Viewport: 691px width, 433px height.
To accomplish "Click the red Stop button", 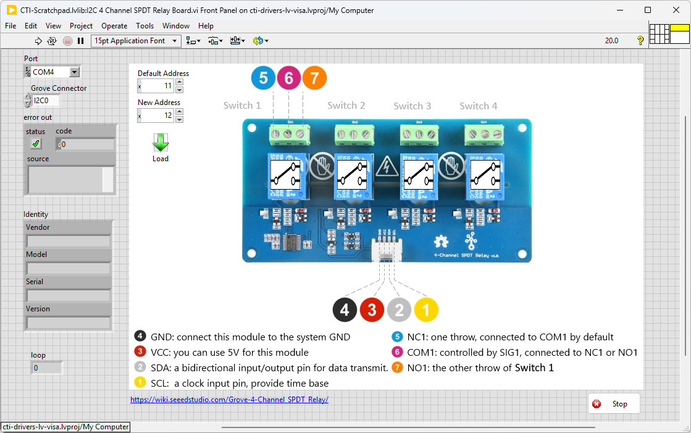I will [614, 404].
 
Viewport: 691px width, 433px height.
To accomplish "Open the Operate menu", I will [114, 26].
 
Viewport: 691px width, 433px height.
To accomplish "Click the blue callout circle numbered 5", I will [263, 78].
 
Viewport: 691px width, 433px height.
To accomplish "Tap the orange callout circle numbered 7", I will [314, 78].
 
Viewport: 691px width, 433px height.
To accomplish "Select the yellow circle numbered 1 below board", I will [426, 310].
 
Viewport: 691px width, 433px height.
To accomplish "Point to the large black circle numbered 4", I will [345, 310].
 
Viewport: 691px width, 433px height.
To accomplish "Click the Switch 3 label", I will [412, 106].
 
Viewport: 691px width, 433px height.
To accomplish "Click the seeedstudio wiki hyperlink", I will [229, 400].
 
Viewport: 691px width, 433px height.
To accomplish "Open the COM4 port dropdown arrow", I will [75, 72].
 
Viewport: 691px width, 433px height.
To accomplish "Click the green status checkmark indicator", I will [36, 144].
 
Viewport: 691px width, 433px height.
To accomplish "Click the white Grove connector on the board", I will [386, 250].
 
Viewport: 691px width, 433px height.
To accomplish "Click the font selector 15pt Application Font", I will [135, 41].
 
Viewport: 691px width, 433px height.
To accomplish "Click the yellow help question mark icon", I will [640, 41].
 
